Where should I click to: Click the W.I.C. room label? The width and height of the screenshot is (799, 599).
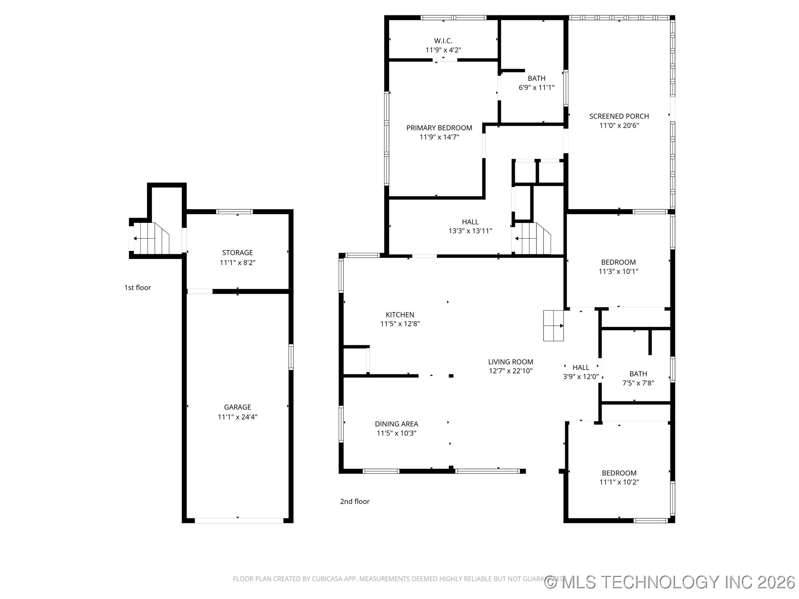pyautogui.click(x=443, y=41)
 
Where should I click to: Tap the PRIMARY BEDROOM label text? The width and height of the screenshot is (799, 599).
pyautogui.click(x=439, y=128)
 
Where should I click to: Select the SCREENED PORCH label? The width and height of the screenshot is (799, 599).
pyautogui.click(x=619, y=116)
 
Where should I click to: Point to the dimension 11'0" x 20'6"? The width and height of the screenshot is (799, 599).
pyautogui.click(x=619, y=126)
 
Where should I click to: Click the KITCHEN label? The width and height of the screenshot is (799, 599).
pyautogui.click(x=399, y=314)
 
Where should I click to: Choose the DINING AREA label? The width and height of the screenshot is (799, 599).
pyautogui.click(x=396, y=424)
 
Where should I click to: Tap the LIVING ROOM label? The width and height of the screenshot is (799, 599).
pyautogui.click(x=510, y=362)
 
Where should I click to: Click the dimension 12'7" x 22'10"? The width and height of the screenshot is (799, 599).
pyautogui.click(x=510, y=371)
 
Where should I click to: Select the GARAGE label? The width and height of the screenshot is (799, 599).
pyautogui.click(x=237, y=407)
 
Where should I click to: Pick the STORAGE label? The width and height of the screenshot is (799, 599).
pyautogui.click(x=237, y=252)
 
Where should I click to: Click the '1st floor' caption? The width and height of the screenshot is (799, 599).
pyautogui.click(x=137, y=287)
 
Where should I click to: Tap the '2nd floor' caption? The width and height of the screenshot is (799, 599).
pyautogui.click(x=355, y=501)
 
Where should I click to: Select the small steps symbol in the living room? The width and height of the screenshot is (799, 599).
pyautogui.click(x=553, y=325)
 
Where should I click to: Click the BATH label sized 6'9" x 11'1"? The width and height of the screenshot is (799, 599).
pyautogui.click(x=536, y=78)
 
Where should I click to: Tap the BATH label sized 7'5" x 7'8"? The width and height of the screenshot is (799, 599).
pyautogui.click(x=638, y=374)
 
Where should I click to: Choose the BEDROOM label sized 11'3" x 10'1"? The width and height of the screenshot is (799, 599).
pyautogui.click(x=618, y=262)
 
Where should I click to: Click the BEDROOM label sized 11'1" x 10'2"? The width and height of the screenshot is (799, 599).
pyautogui.click(x=619, y=473)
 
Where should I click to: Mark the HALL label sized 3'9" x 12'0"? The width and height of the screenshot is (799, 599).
pyautogui.click(x=581, y=367)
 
